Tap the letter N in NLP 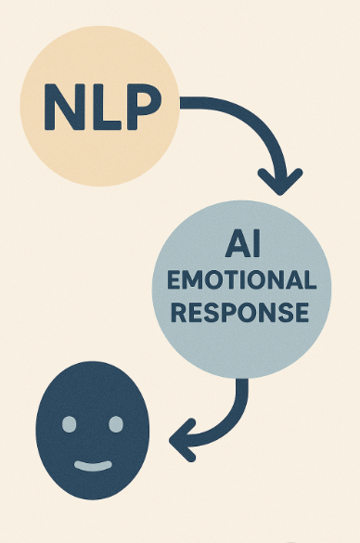click(60, 108)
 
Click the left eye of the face click(69, 424)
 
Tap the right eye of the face click(115, 424)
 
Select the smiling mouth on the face click(92, 463)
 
